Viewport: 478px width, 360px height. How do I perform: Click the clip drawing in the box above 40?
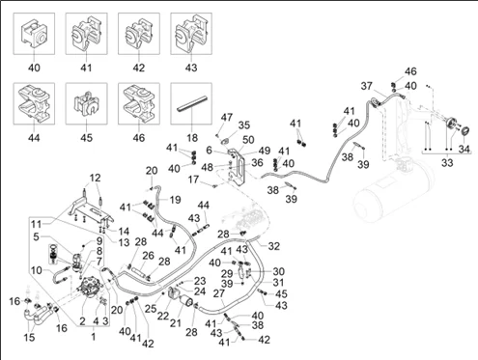coord(34,34)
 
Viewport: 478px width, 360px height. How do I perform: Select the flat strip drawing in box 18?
coord(192,103)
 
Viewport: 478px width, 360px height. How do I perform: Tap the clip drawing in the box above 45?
coord(86,103)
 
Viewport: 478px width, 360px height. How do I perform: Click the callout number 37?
coord(367,86)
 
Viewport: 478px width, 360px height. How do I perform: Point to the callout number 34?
coord(464,149)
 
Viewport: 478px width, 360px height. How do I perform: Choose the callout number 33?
coord(447,162)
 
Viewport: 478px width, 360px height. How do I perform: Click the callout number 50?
coord(248,140)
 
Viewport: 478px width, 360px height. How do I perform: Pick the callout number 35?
coord(244,125)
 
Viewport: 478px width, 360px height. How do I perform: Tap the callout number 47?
coord(226,117)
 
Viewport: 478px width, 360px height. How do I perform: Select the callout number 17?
coord(193,180)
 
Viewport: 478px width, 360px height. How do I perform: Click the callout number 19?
coord(175,200)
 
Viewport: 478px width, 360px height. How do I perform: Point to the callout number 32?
coord(274,246)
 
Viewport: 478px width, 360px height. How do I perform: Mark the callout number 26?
coord(149,256)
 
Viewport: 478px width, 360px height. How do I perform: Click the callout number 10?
coord(37,270)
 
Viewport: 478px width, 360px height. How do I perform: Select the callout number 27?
coord(219,293)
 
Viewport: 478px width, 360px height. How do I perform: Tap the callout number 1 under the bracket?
coord(94,337)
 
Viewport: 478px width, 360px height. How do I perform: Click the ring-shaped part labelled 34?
coord(464,131)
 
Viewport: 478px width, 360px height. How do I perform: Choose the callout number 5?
coord(36,236)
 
